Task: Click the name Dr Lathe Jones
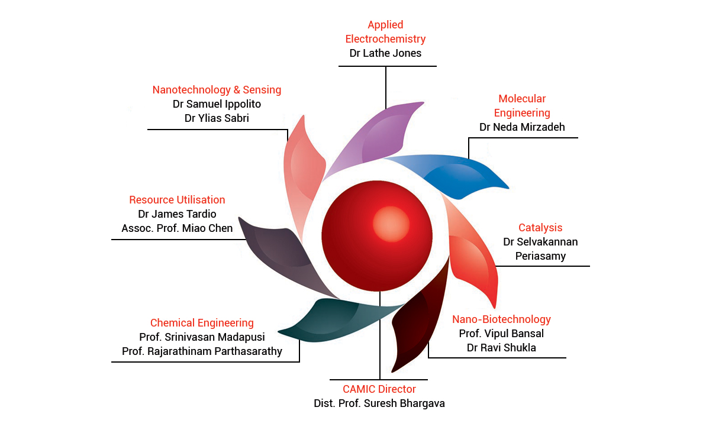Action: (385, 53)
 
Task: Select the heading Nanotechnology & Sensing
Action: (217, 90)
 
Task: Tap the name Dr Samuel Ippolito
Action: (217, 104)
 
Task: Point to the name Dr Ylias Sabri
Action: (217, 118)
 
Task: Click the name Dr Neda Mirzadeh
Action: (522, 127)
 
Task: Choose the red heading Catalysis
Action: (540, 228)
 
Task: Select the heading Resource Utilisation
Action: (177, 200)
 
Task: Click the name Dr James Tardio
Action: (177, 214)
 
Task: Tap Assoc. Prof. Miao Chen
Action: (177, 228)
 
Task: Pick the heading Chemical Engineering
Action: (202, 323)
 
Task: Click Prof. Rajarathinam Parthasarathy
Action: (202, 351)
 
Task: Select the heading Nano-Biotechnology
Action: (501, 319)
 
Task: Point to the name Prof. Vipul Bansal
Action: (501, 334)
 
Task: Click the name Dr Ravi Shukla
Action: (501, 348)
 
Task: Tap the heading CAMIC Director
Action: (379, 389)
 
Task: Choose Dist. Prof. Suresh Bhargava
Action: (379, 403)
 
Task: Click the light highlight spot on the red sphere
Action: (391, 224)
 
